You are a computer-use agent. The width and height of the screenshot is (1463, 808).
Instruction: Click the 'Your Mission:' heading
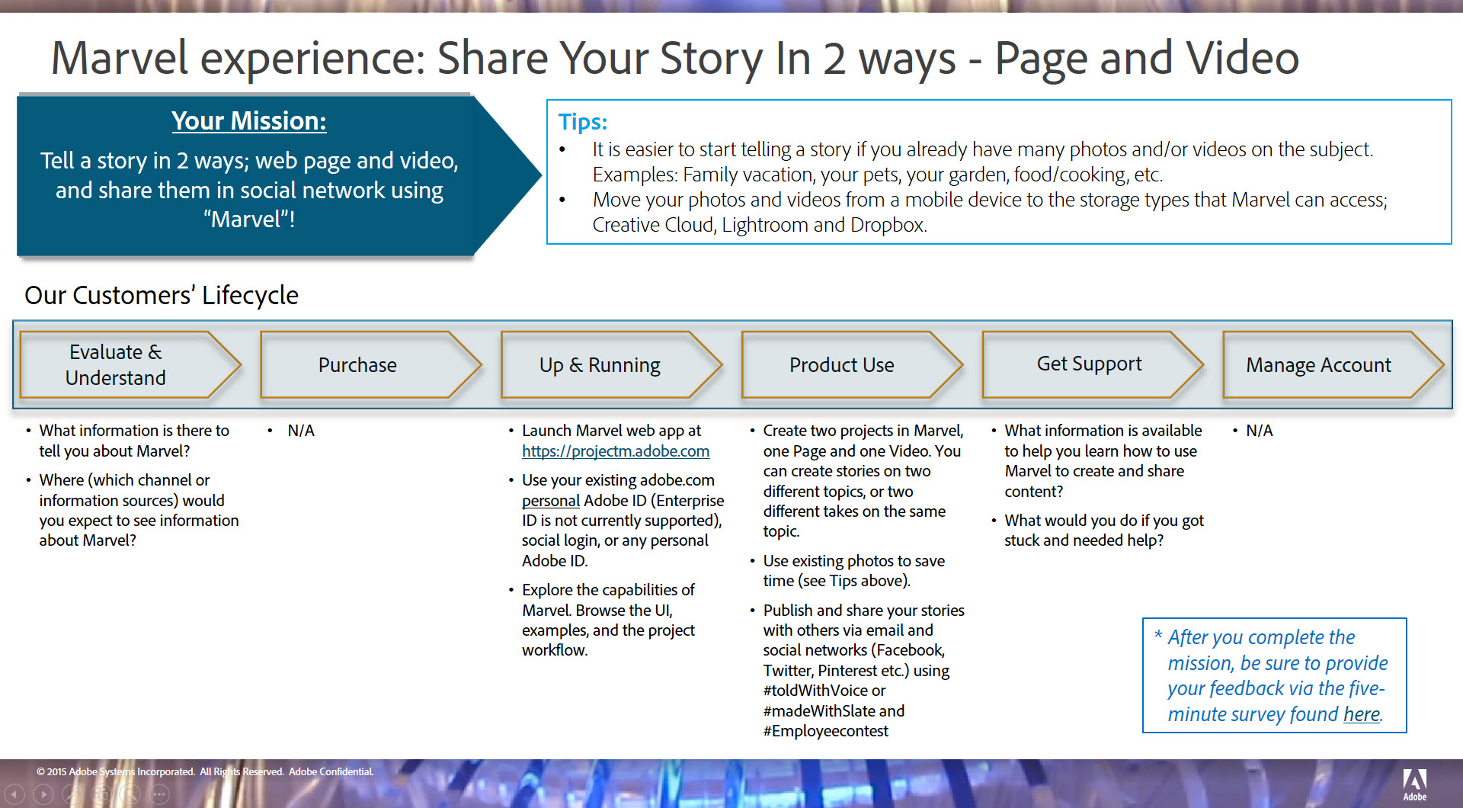249,120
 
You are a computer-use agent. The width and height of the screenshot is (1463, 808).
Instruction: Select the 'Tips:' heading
583,122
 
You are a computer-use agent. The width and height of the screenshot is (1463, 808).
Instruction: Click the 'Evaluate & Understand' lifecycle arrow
130,365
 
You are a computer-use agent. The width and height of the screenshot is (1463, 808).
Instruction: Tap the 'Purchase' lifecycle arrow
371,365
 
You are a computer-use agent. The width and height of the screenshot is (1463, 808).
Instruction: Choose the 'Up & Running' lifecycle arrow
612,365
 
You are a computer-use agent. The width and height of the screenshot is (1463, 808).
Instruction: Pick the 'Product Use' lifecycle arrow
853,365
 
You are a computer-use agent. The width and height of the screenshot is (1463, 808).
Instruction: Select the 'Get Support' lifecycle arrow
1093,365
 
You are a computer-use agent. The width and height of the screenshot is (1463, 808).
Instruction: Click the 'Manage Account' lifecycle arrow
1333,365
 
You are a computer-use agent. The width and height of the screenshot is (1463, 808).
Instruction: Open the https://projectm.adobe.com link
616,451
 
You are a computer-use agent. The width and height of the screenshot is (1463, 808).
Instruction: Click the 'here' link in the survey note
1362,714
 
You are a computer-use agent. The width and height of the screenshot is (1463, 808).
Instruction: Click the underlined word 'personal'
551,501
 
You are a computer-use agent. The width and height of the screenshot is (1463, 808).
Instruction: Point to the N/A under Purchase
301,431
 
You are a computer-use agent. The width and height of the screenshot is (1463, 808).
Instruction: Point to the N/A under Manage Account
1260,431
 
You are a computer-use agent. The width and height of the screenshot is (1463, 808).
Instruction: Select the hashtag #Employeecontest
826,731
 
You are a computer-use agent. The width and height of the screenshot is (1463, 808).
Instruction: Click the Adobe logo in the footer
1415,784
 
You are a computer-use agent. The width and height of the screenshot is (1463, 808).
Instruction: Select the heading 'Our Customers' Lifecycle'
162,295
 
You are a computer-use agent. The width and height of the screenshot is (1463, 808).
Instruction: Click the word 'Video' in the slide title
1243,58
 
